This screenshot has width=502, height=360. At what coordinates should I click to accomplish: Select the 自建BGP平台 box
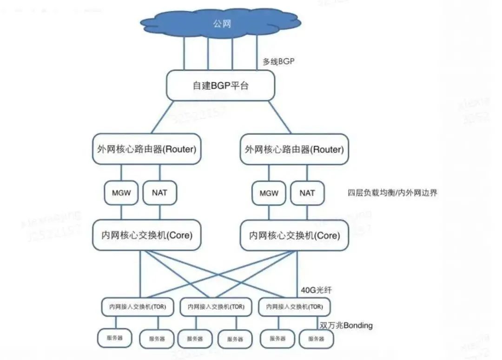220,86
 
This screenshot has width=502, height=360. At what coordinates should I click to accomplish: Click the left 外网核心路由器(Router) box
147,149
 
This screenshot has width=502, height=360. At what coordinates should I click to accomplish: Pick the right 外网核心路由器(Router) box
294,149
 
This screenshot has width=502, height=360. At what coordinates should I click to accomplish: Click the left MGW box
121,193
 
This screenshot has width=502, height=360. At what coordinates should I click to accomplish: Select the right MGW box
269,193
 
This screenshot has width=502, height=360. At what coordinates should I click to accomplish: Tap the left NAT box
159,193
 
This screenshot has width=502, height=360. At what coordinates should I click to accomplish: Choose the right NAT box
307,193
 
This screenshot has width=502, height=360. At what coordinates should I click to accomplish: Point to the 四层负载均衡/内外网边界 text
392,193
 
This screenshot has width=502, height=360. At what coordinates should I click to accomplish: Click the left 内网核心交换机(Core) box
147,235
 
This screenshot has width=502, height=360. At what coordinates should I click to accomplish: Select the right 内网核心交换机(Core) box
294,235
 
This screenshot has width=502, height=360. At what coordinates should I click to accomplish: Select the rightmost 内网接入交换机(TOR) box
294,307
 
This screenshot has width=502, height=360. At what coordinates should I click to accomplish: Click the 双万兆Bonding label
346,326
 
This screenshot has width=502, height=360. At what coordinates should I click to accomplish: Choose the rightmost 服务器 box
316,339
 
